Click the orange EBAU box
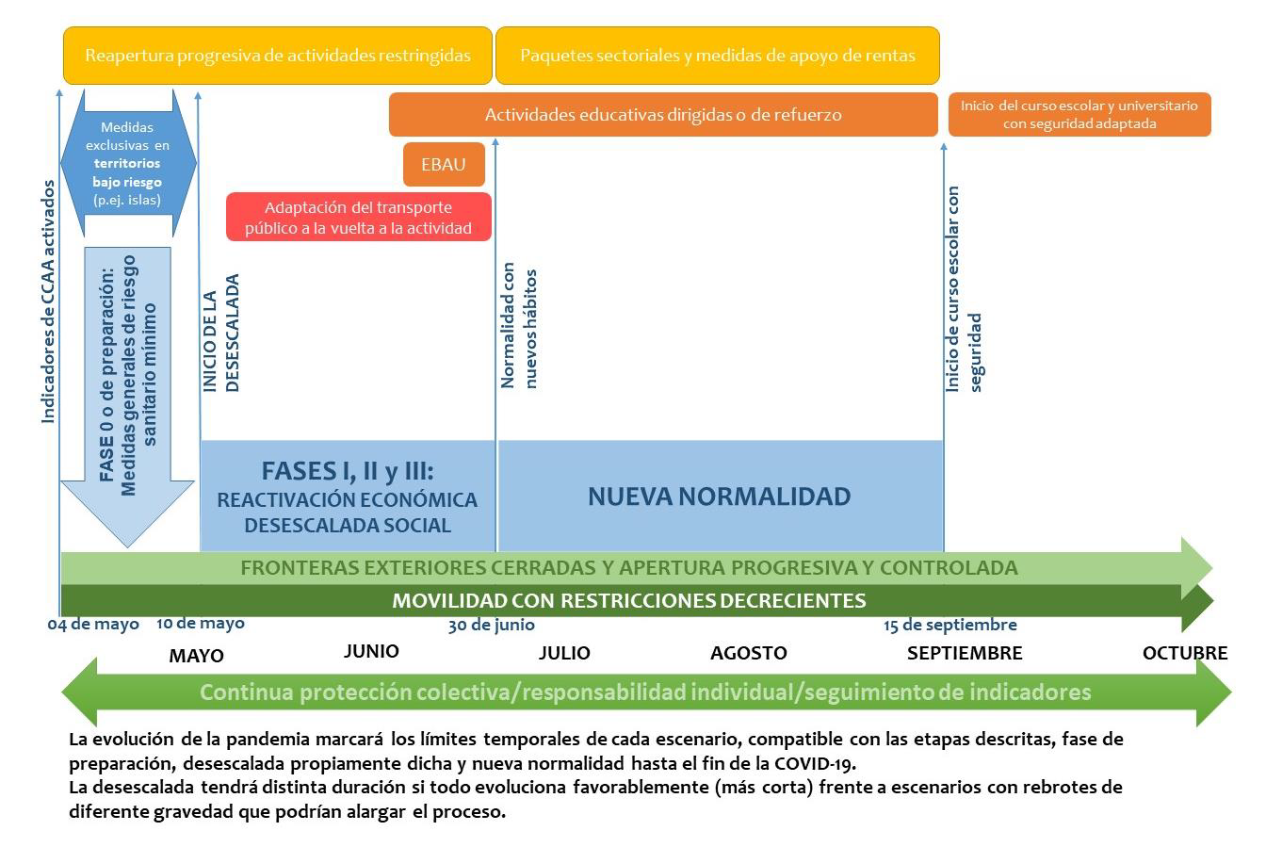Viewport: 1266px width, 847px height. coord(444,164)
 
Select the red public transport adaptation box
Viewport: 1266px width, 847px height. coord(358,217)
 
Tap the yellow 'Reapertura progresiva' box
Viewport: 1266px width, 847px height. coord(278,56)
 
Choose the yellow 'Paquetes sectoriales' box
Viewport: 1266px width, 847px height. coord(718,56)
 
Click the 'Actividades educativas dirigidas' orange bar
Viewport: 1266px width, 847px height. coord(663,115)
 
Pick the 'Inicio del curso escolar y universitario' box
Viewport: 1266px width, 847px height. coord(1079,115)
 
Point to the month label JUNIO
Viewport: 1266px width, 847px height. coord(371,651)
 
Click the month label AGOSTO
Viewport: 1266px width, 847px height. coord(749,653)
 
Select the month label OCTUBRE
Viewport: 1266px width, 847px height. coord(1185,653)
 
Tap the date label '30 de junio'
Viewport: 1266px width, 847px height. coord(491,625)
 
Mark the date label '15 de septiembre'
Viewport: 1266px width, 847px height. coord(950,625)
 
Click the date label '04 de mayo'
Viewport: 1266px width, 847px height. coord(93,625)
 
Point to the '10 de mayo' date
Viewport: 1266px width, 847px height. coord(201,623)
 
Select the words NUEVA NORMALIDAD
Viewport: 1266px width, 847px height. coord(720,497)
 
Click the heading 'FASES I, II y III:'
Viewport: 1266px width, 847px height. coord(348,471)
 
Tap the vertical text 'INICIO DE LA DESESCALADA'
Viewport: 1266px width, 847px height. coord(221,334)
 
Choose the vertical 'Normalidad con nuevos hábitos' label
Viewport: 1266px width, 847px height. coord(519,325)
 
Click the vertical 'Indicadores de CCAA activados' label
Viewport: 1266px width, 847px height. coord(49,301)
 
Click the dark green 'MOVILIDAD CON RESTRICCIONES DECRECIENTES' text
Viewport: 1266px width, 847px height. coord(629,600)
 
